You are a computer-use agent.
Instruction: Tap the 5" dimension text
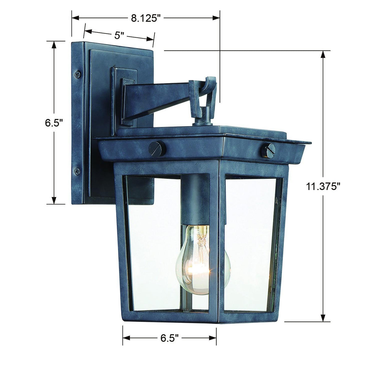pyautogui.click(x=119, y=35)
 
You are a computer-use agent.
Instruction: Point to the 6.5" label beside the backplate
pyautogui.click(x=54, y=123)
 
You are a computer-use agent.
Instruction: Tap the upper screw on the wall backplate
pyautogui.click(x=78, y=74)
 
